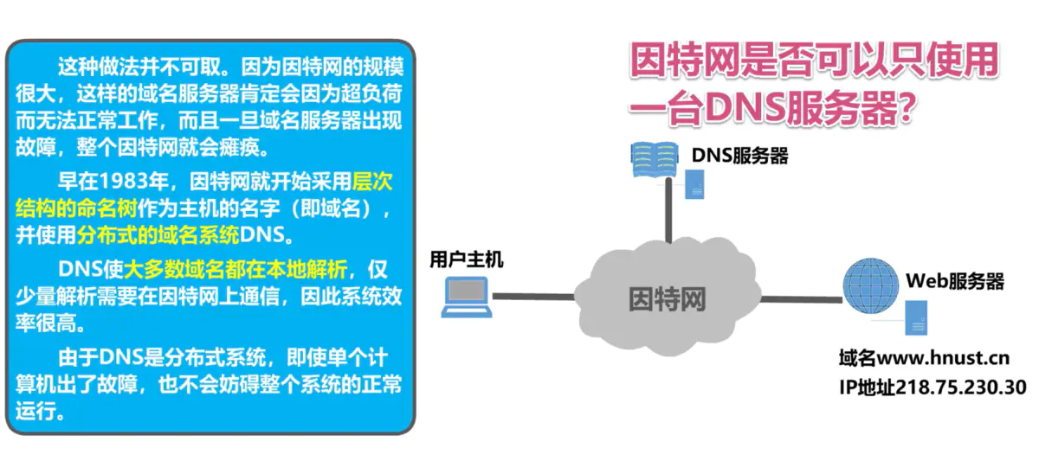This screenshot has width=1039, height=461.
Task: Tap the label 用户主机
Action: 466,259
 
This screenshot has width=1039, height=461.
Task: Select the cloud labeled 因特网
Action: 667,298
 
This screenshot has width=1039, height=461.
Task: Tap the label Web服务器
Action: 954,281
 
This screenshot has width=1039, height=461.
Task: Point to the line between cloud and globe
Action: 801,301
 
